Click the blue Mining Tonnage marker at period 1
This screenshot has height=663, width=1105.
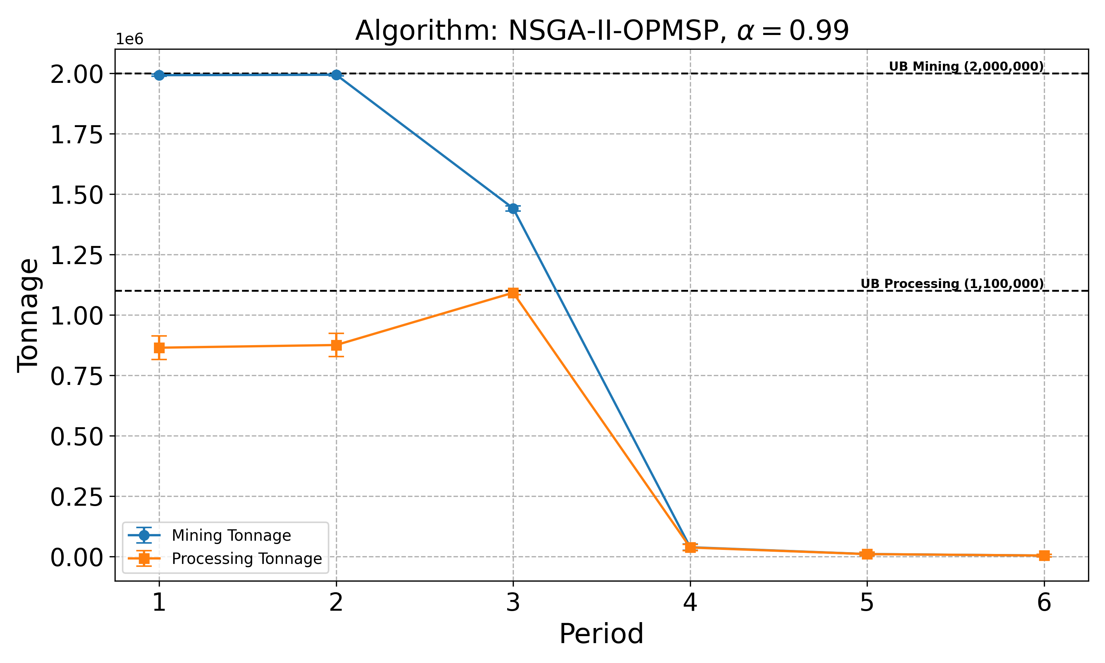pos(159,75)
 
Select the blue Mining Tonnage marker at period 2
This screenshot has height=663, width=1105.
pos(336,75)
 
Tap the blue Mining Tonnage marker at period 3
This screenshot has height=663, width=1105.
pos(513,208)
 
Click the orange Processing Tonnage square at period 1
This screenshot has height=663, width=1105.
pos(159,348)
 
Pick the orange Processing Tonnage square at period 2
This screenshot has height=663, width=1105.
pos(336,345)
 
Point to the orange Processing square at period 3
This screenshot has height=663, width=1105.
pos(513,292)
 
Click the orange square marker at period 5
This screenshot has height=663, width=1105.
pos(867,554)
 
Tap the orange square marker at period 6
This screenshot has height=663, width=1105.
pos(1044,555)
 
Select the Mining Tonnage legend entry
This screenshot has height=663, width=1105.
pos(231,535)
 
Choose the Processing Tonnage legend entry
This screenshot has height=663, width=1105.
pos(246,558)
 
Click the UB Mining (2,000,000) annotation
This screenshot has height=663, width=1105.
pos(966,67)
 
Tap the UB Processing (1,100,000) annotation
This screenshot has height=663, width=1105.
pos(952,284)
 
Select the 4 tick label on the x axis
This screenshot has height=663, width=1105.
pos(690,603)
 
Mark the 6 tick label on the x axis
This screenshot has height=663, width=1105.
pos(1044,603)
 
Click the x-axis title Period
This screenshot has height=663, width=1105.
pos(601,634)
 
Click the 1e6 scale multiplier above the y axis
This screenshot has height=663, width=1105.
pos(130,39)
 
